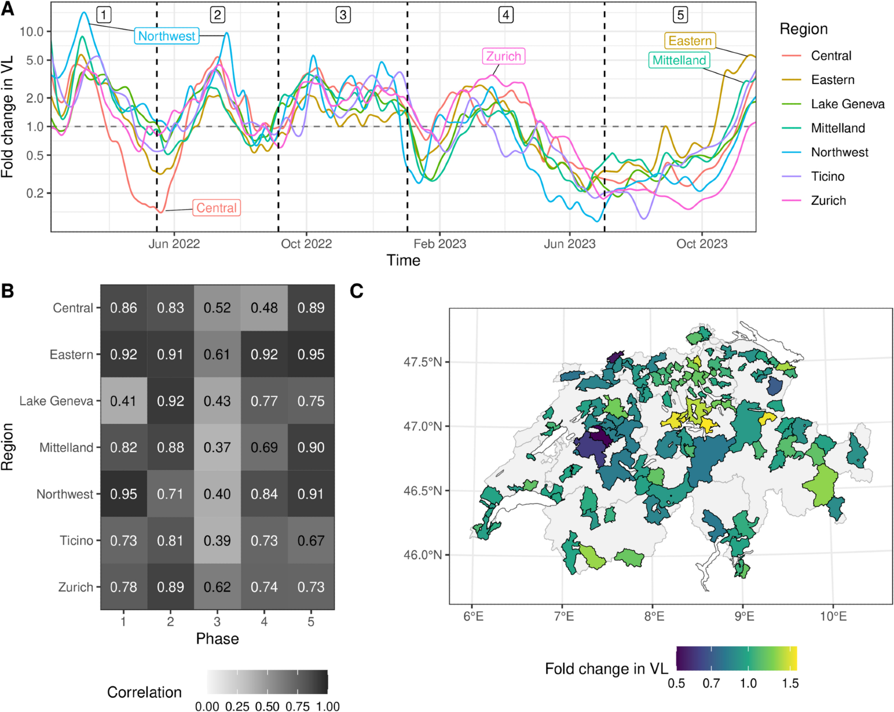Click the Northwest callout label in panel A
pyautogui.click(x=167, y=36)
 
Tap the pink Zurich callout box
pyautogui.click(x=503, y=57)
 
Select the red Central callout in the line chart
pyautogui.click(x=216, y=208)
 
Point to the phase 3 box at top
pyautogui.click(x=343, y=15)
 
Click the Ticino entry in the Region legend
pyautogui.click(x=827, y=176)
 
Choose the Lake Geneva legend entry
pyautogui.click(x=848, y=104)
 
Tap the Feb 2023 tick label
pyautogui.click(x=439, y=244)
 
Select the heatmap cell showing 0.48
pyautogui.click(x=264, y=308)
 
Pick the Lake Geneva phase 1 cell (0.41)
pyautogui.click(x=123, y=401)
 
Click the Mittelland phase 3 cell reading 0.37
pyautogui.click(x=217, y=447)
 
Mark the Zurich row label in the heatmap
pyautogui.click(x=76, y=587)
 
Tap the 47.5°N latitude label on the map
pyautogui.click(x=422, y=362)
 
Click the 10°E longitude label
pyautogui.click(x=833, y=616)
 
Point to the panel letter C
pyautogui.click(x=356, y=291)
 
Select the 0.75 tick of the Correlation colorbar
pyautogui.click(x=297, y=706)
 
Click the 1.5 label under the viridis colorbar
pyautogui.click(x=790, y=683)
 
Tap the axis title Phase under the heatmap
pyautogui.click(x=217, y=639)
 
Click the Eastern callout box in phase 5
pyautogui.click(x=690, y=41)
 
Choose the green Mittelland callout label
pyautogui.click(x=679, y=60)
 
